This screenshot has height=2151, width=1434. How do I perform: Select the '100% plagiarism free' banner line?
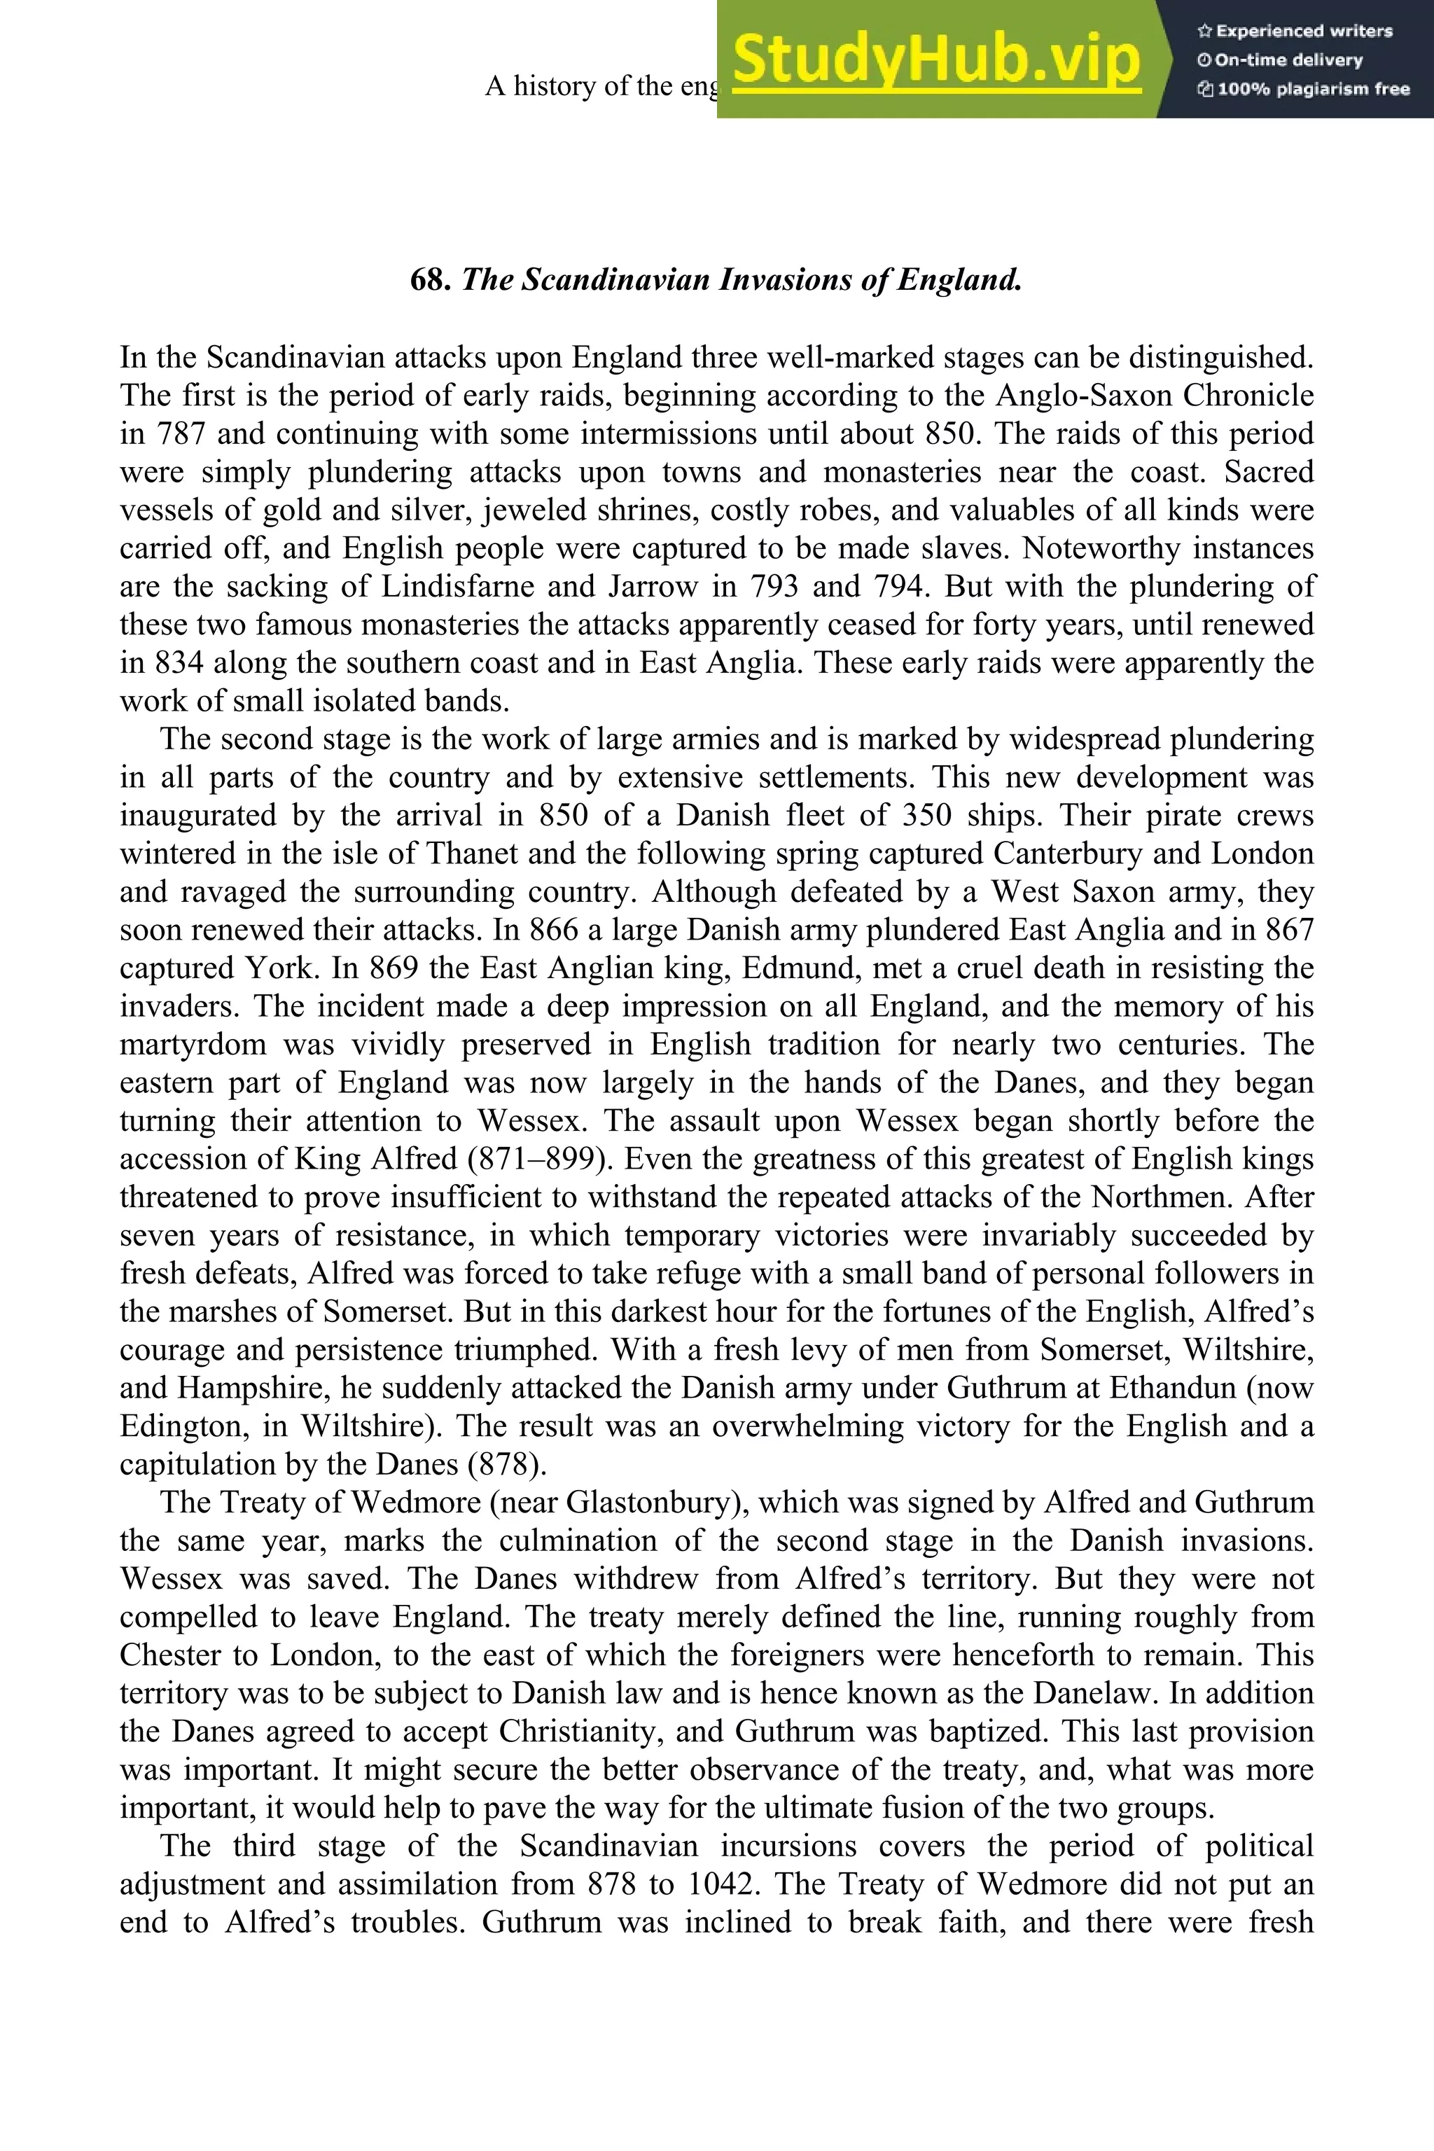tap(1303, 90)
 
